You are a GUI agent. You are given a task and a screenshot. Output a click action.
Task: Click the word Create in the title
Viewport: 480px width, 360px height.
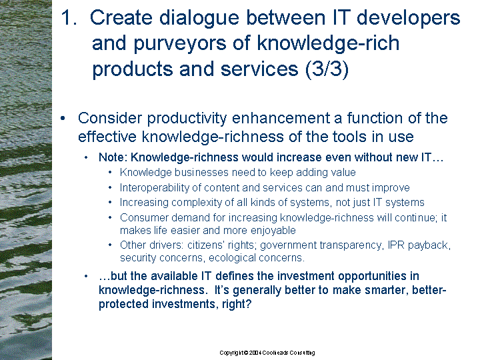[x=121, y=17]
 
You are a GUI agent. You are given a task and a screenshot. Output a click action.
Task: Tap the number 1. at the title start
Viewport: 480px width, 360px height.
[x=69, y=17]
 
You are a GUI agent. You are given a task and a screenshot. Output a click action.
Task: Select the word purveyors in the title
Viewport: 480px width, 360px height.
[x=180, y=43]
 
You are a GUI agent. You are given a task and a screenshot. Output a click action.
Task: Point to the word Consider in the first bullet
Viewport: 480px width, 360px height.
[x=110, y=118]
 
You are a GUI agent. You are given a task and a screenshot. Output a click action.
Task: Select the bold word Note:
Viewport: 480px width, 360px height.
[x=113, y=157]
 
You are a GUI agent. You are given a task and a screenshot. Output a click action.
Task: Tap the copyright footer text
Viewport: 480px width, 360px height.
[x=267, y=353]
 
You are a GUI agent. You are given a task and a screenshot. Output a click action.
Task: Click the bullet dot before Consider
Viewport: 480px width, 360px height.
[x=63, y=119]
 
